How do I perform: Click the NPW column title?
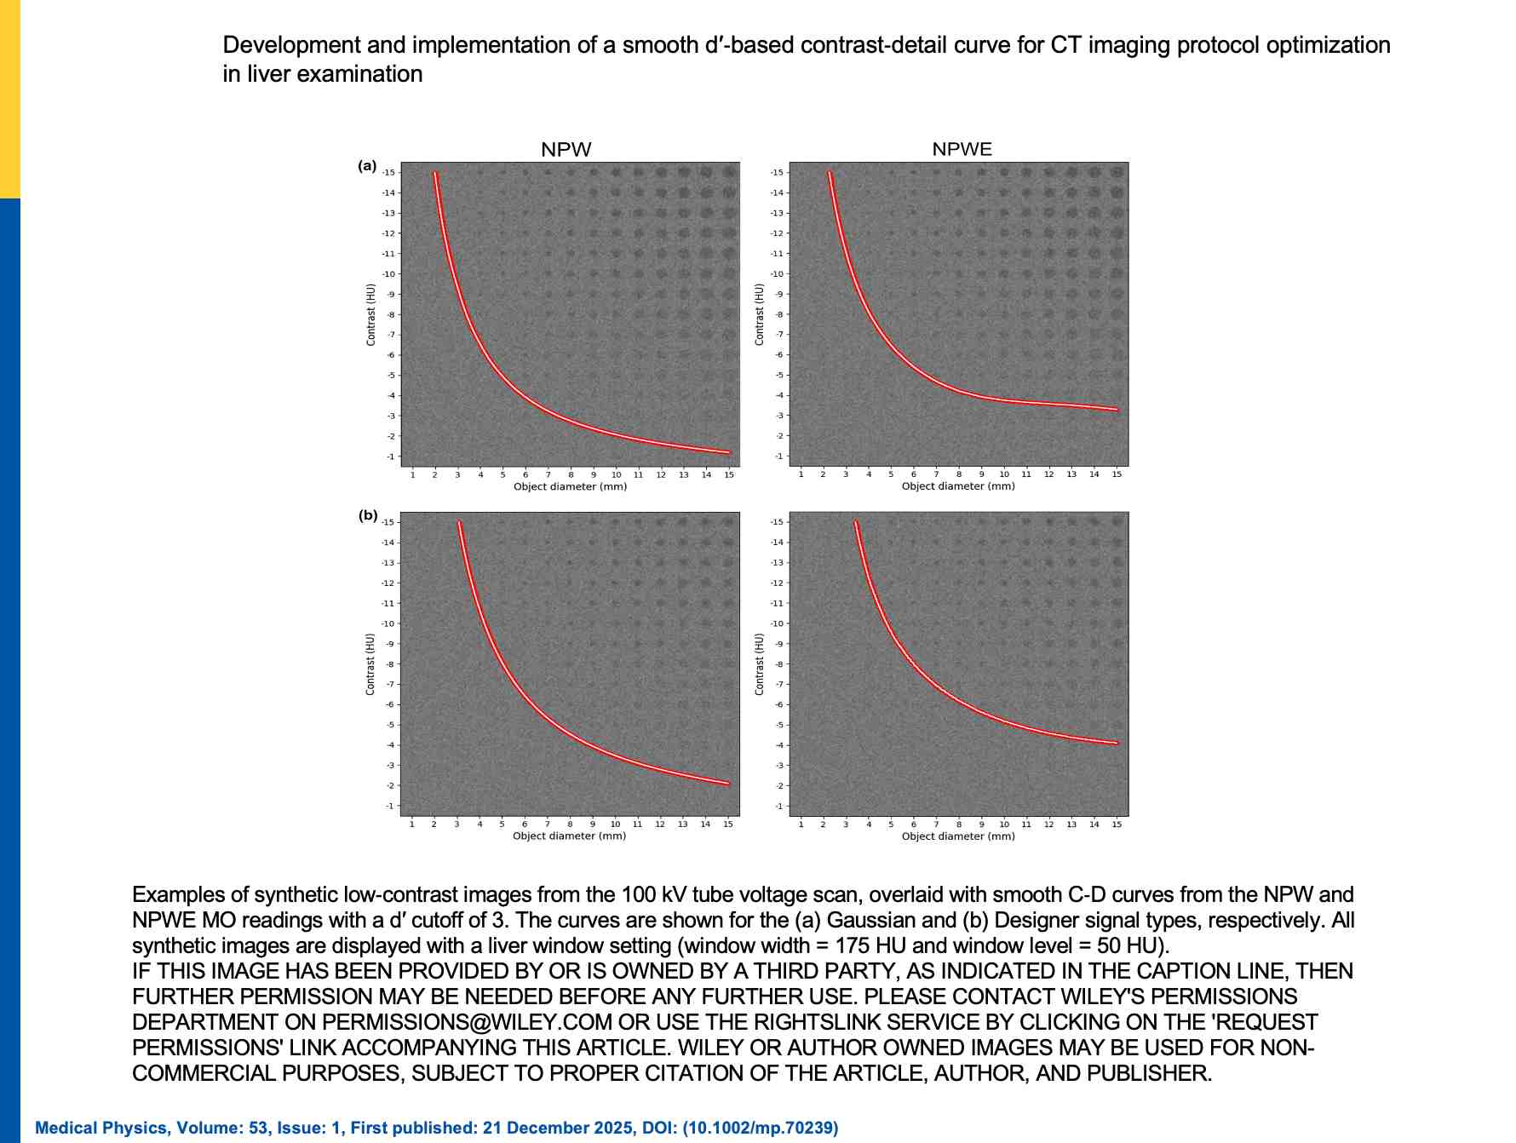point(566,150)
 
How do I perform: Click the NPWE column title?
point(962,149)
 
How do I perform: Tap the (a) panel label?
point(367,166)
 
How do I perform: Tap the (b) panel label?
point(368,515)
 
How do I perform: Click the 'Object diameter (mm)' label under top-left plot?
point(570,487)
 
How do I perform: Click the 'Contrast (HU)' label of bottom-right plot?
point(760,664)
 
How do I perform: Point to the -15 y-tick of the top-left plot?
point(388,173)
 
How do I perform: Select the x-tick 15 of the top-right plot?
point(1117,474)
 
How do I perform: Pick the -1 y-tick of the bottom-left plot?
point(389,806)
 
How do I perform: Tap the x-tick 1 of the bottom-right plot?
point(801,824)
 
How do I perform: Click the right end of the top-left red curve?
point(729,452)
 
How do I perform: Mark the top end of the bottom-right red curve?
point(856,522)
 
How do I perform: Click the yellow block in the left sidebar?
point(9,99)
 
